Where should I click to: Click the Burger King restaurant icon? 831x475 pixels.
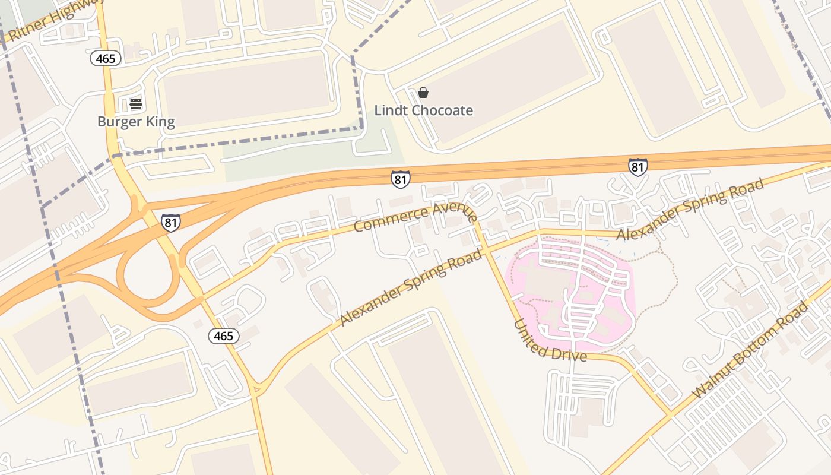click(136, 104)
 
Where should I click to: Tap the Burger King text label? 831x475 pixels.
click(136, 122)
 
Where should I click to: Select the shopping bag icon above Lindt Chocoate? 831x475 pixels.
click(423, 93)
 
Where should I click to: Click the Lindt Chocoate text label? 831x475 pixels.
click(423, 110)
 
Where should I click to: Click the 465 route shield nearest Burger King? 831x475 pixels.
click(106, 58)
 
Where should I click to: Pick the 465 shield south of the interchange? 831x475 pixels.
click(224, 336)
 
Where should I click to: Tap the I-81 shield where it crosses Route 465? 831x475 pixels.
click(171, 222)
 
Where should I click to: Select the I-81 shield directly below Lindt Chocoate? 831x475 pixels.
click(401, 179)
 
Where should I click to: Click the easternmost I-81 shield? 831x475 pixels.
click(637, 167)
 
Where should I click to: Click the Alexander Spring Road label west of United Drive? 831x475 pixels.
click(411, 287)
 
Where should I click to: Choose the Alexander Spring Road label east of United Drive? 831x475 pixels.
click(690, 210)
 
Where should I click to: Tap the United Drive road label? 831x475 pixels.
click(550, 341)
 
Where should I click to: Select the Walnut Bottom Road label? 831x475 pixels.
click(750, 350)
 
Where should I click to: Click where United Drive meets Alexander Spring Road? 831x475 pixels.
click(486, 251)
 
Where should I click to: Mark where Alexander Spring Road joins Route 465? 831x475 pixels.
click(256, 389)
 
